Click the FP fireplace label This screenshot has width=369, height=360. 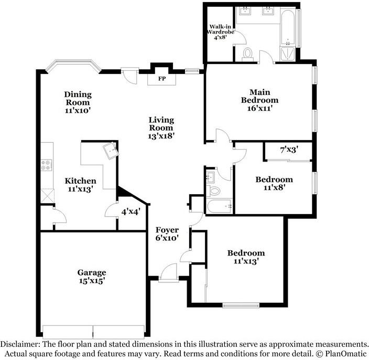(x=161, y=79)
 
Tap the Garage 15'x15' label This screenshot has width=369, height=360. (x=92, y=277)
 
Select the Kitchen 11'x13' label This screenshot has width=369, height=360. (x=81, y=185)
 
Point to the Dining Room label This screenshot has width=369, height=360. (x=78, y=98)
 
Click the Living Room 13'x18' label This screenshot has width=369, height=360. (x=161, y=128)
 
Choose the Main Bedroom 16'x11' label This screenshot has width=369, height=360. (x=259, y=100)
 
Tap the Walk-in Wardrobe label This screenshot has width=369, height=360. (x=220, y=29)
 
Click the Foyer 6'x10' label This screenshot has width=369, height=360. (x=167, y=234)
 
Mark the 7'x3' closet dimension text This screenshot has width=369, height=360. (x=289, y=150)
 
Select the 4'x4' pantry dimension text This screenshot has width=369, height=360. (x=131, y=212)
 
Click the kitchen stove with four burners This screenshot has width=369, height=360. (x=47, y=165)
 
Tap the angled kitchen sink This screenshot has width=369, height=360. (x=111, y=151)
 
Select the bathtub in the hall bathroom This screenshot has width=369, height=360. (x=220, y=206)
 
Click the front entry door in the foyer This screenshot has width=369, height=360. (x=168, y=273)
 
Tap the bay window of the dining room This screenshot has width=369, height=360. (x=73, y=65)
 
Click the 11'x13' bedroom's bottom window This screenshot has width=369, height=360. (x=241, y=306)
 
